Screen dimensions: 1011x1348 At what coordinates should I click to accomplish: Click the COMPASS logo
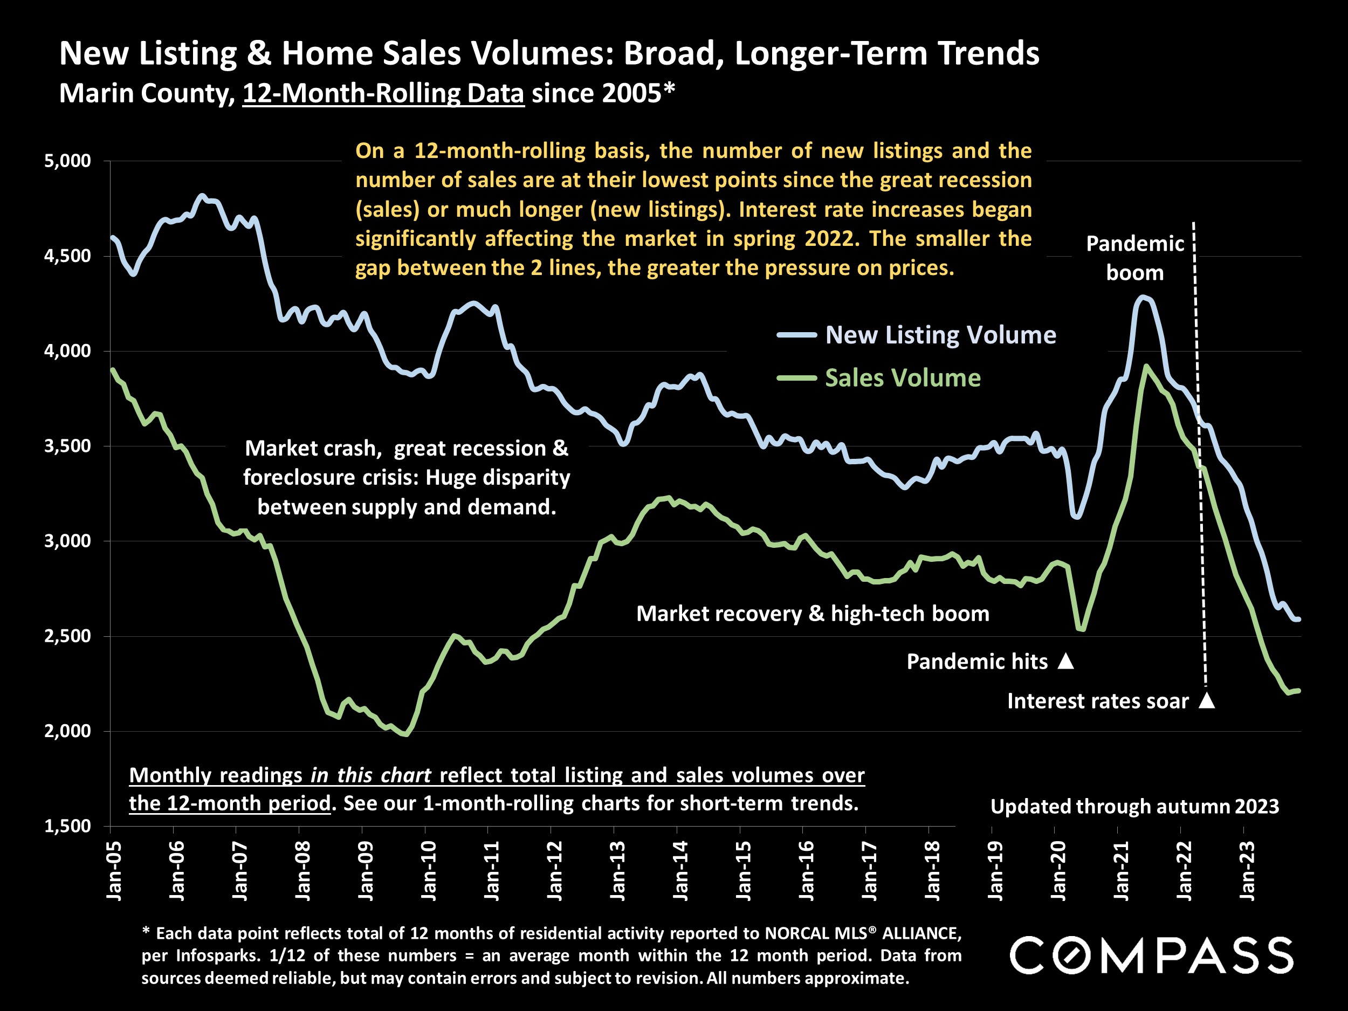1151,955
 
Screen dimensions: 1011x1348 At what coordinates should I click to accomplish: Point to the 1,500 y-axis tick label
67,827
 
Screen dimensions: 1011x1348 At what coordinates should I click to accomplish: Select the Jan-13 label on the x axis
617,871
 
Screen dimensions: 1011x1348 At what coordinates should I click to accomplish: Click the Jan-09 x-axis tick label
365,871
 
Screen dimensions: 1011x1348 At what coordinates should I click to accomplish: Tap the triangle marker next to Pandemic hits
1066,661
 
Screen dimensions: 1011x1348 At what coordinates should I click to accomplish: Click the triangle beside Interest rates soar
1207,701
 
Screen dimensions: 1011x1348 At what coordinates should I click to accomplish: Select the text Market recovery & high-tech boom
813,613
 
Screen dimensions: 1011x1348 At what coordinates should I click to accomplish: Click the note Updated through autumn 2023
1134,806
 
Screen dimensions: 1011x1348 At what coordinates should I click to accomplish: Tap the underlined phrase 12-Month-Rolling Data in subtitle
383,93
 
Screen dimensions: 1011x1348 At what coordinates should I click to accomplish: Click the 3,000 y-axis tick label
67,541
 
